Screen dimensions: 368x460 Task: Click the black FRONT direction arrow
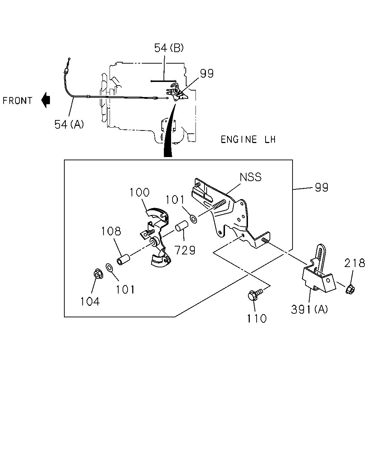tap(45, 100)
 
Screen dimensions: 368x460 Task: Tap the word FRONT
tap(17, 101)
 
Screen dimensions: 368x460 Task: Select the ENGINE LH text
tap(248, 139)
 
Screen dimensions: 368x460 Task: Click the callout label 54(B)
tap(169, 48)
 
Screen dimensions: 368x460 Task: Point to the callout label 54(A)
tap(69, 124)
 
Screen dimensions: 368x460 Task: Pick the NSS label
tap(250, 177)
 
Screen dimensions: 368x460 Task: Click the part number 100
tap(139, 192)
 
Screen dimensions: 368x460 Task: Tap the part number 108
tap(111, 231)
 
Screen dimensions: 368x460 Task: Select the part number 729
tap(185, 250)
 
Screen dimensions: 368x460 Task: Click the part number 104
tap(90, 302)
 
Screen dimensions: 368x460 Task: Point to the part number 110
tap(257, 318)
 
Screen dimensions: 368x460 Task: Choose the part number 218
tap(354, 263)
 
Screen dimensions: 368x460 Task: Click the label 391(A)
tap(309, 309)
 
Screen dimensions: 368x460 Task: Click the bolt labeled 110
tap(254, 294)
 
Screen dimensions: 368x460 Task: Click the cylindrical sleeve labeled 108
tap(123, 259)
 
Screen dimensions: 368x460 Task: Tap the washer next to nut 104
tap(109, 268)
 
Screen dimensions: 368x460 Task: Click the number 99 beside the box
tap(321, 188)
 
